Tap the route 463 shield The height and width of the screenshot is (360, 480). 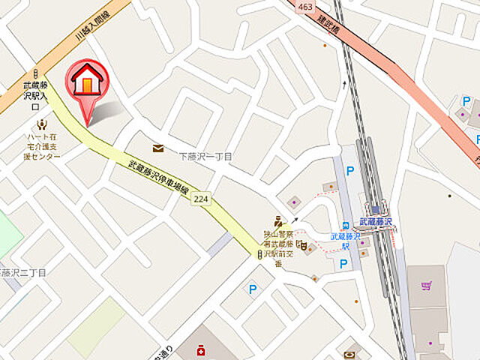tap(304, 7)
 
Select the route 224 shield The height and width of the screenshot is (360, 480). tap(200, 199)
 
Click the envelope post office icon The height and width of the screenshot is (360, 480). tap(158, 148)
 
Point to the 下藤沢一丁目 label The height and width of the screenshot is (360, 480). tap(205, 157)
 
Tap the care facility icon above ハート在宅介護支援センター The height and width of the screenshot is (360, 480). tap(41, 124)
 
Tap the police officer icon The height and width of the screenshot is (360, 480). tap(277, 221)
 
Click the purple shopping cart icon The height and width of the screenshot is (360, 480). tap(426, 285)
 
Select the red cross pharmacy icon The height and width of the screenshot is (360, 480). tap(200, 349)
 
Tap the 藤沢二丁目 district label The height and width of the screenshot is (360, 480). tap(22, 272)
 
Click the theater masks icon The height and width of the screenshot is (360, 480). tap(304, 246)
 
